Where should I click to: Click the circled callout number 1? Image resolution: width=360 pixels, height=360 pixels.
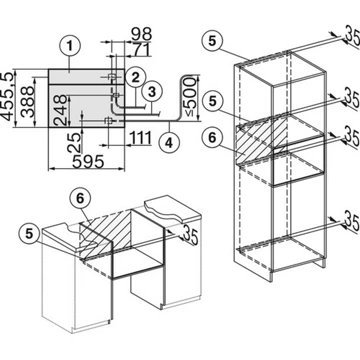click(x=70, y=46)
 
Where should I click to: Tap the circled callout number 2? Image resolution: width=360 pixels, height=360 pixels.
click(x=135, y=77)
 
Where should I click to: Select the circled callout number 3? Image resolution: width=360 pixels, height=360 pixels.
click(x=152, y=92)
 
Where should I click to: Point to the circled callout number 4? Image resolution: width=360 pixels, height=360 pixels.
click(x=169, y=142)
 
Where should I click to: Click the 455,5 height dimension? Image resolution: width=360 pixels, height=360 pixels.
click(x=8, y=95)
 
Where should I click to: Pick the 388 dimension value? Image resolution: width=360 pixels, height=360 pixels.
click(x=27, y=102)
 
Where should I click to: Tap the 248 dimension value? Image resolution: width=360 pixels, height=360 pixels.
click(x=60, y=110)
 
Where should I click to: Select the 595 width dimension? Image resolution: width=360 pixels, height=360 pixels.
click(x=88, y=162)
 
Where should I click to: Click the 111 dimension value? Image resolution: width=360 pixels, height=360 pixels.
click(x=139, y=138)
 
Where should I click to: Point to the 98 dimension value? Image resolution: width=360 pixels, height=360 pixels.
click(x=141, y=34)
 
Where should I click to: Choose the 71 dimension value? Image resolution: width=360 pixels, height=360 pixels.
click(x=141, y=49)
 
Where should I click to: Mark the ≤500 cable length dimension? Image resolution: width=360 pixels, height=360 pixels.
click(x=189, y=97)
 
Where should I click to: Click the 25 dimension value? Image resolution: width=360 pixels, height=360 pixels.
click(x=75, y=142)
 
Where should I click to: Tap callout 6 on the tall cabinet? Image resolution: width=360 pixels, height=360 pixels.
click(x=213, y=138)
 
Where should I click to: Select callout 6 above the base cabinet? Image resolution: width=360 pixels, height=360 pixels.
click(x=79, y=199)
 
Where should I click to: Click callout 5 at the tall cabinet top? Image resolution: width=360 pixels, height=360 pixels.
click(x=213, y=40)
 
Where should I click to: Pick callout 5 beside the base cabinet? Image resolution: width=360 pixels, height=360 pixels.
click(x=30, y=234)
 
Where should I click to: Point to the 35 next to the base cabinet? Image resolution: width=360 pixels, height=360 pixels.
click(x=190, y=235)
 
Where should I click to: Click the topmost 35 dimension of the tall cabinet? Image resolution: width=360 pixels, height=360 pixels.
click(x=352, y=36)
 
